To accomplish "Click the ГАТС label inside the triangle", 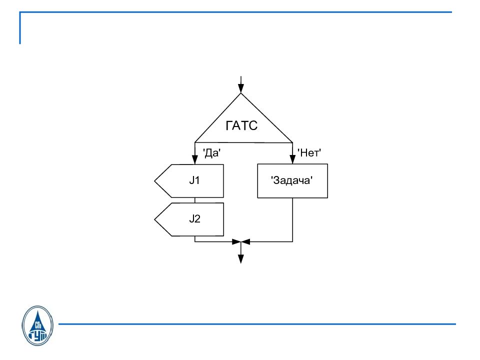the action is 241,125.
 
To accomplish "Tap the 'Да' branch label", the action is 212,152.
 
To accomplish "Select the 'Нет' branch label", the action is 309,152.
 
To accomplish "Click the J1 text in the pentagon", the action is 194,180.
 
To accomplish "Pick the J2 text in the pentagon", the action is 194,219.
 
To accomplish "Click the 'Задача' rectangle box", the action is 292,181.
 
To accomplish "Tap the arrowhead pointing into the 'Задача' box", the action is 292,159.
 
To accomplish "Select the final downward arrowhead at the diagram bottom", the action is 241,259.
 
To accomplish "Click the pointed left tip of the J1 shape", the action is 154,181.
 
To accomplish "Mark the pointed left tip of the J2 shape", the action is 154,219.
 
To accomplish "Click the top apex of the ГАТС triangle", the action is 241,93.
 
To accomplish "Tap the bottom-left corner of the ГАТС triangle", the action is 194,142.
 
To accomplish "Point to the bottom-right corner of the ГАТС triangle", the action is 292,142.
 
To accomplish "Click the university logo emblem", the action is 37,325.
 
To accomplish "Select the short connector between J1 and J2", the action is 194,200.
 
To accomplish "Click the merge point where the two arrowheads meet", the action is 241,241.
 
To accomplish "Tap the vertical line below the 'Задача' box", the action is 292,220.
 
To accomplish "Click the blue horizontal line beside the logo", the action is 257,324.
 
